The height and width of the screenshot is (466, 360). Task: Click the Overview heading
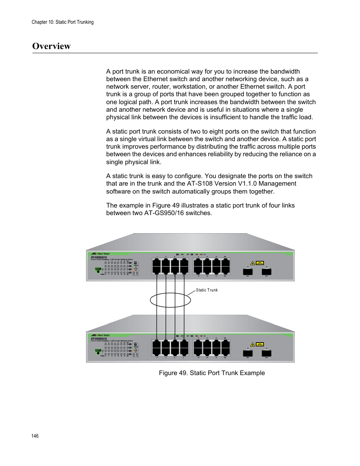pos(51,46)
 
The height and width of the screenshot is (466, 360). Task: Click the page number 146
pos(35,436)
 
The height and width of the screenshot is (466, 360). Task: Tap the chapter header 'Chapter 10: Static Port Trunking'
pos(63,22)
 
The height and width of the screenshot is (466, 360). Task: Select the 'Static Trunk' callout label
pos(207,290)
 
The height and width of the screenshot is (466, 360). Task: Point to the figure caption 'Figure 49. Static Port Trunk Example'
pos(212,373)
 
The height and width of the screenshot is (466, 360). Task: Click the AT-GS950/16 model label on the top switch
pos(99,257)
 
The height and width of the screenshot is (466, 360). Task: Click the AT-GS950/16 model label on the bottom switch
pos(99,339)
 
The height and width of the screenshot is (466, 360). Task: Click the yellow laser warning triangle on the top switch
pos(253,263)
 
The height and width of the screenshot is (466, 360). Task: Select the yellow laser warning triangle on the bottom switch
pos(253,345)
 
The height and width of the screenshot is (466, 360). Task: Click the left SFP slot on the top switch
pos(248,271)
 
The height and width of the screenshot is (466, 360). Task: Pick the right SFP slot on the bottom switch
pos(266,353)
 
